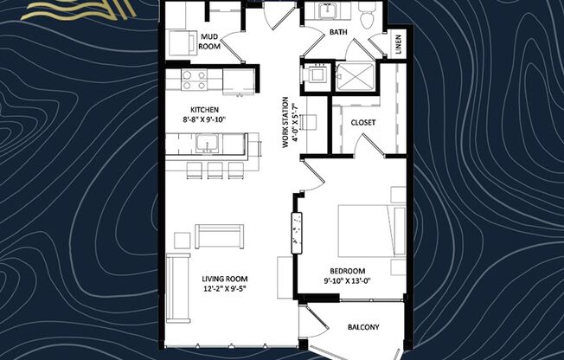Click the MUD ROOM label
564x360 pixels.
point(208,42)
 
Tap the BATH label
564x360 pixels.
point(338,33)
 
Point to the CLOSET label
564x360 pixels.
point(363,122)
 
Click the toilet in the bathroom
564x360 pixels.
point(365,12)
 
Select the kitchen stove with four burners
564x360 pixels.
point(195,80)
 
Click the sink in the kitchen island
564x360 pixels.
point(208,144)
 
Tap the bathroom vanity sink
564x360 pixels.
point(328,11)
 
